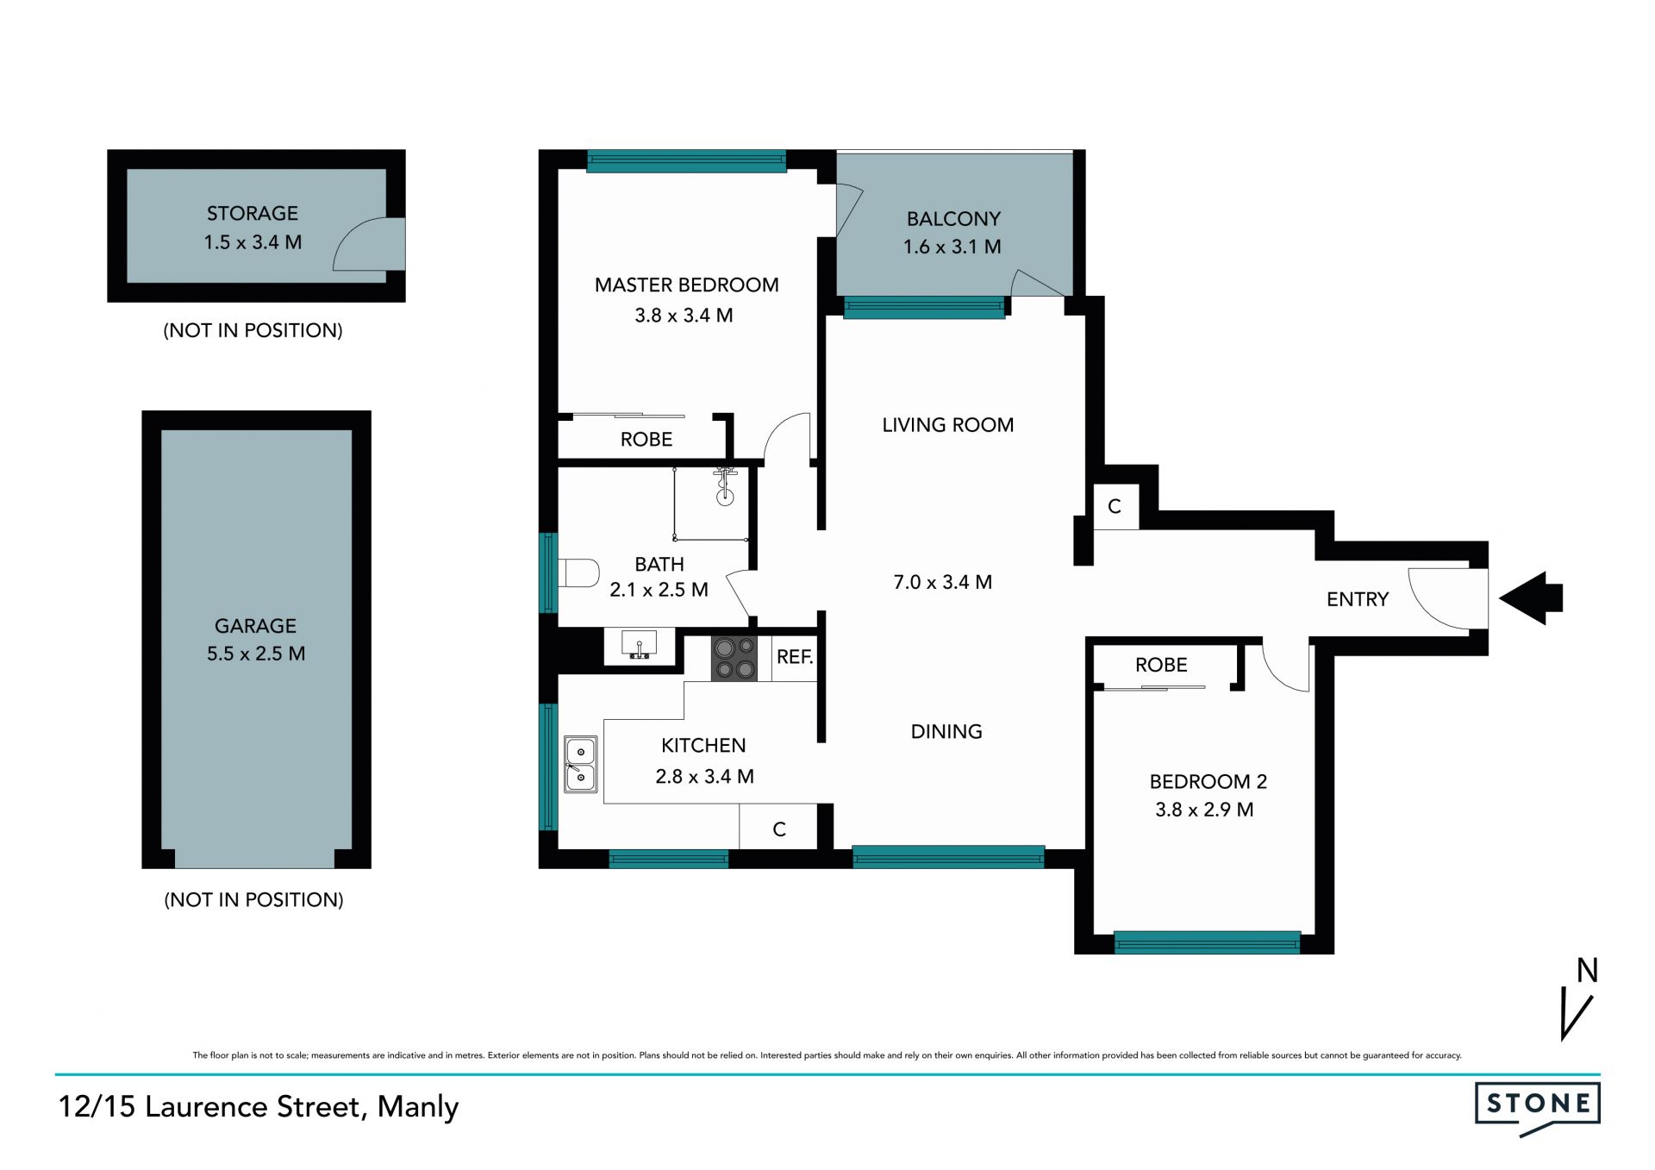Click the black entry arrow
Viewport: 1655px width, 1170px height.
(x=1531, y=598)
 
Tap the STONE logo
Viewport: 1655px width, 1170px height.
(x=1537, y=1108)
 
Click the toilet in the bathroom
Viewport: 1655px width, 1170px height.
(x=578, y=573)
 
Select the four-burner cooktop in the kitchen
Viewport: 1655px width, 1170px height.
(x=734, y=659)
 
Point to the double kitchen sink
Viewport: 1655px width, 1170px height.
(x=581, y=764)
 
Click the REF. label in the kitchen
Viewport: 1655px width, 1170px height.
(x=795, y=657)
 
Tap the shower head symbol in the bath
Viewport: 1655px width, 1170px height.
(x=725, y=485)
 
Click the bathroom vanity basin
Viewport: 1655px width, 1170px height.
(x=639, y=646)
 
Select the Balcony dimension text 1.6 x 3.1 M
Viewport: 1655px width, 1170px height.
(x=952, y=247)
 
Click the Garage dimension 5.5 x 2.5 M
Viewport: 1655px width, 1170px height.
(x=256, y=654)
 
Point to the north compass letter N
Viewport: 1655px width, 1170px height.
(x=1588, y=971)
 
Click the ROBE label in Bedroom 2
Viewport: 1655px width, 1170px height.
(x=1161, y=665)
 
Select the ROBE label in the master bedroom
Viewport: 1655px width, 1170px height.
(x=646, y=439)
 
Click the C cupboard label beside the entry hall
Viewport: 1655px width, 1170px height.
(x=1115, y=506)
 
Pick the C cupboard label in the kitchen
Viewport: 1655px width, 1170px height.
(x=779, y=829)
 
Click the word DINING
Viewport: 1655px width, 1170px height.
(x=946, y=731)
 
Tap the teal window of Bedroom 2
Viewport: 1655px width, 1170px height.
(x=1207, y=942)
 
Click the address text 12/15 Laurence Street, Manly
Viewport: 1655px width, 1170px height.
(x=259, y=1107)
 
